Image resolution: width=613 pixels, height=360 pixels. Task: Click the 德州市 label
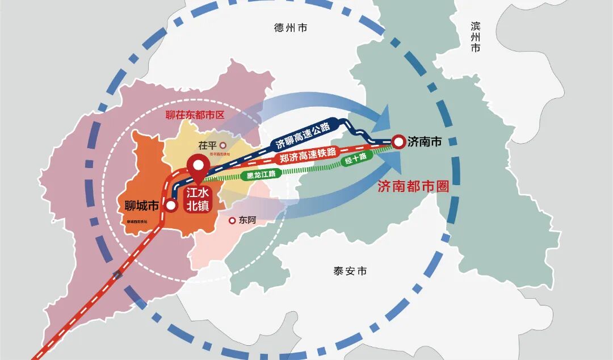290,28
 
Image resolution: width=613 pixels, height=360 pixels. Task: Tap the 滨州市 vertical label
476,37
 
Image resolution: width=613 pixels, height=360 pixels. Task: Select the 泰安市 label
350,271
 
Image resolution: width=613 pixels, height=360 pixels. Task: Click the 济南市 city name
425,142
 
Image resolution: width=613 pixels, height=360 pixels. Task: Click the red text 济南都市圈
413,187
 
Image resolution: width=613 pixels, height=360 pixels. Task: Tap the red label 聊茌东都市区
195,114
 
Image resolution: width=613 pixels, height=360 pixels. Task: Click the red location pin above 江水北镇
199,164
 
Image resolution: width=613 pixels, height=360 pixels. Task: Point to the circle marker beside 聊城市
171,206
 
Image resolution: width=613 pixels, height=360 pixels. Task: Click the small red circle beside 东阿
232,220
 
